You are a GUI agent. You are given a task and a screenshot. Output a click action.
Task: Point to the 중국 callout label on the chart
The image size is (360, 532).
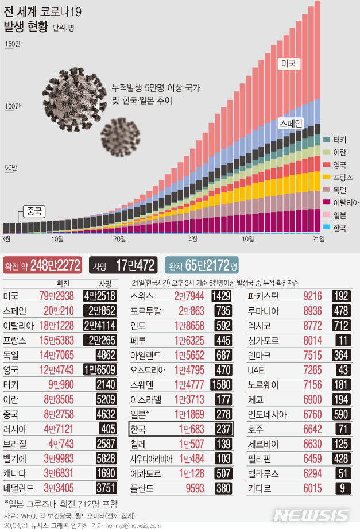(34, 211)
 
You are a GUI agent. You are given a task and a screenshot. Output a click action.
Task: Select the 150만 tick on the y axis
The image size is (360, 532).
(12, 45)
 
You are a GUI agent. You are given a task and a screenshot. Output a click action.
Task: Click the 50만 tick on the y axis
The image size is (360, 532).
(12, 168)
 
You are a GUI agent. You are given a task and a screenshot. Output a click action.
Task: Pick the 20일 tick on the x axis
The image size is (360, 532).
(119, 239)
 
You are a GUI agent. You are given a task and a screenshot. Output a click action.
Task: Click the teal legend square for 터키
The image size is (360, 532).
(326, 139)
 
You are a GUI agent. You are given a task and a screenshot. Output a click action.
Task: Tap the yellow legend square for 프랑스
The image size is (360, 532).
(326, 177)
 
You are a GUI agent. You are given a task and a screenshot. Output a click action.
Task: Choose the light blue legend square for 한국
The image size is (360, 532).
(326, 228)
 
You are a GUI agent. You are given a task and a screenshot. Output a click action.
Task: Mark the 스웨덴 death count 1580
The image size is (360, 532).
(221, 384)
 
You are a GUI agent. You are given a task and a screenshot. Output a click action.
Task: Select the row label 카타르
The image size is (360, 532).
(260, 488)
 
